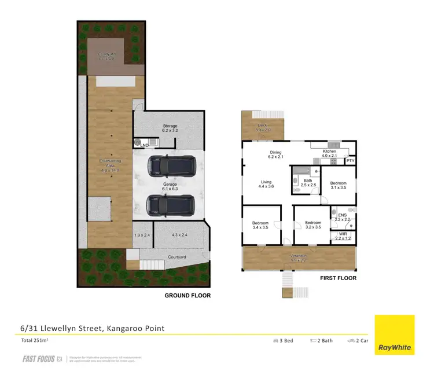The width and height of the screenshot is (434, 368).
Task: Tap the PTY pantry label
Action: click(x=350, y=161)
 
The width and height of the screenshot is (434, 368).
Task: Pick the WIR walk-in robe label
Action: click(x=343, y=236)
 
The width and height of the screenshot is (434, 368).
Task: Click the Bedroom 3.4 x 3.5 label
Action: click(x=260, y=225)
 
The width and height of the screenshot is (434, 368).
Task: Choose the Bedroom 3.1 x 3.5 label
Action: click(x=338, y=185)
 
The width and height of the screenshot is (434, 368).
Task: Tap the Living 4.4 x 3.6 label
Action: click(x=267, y=184)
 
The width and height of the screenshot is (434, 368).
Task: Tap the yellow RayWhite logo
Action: click(x=395, y=334)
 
